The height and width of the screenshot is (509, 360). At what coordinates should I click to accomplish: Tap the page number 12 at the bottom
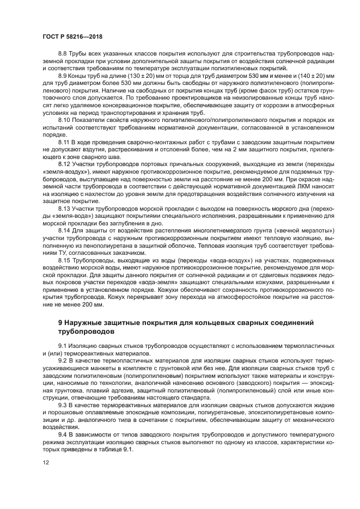point(46,462)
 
